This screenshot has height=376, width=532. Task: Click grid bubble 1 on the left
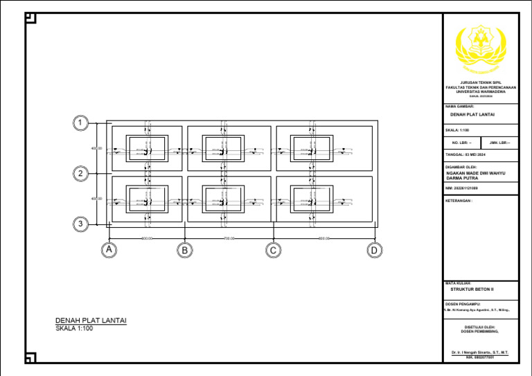tap(81, 124)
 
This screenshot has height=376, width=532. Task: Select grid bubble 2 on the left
tap(81, 174)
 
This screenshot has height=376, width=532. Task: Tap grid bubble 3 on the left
tap(81, 224)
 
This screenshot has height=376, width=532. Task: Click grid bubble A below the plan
tap(108, 250)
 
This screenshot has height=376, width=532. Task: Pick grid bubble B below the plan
tap(185, 250)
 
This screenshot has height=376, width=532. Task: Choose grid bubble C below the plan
tap(274, 250)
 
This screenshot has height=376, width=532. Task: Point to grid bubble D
tap(374, 250)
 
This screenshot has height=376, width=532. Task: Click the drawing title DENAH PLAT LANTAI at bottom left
tap(91, 320)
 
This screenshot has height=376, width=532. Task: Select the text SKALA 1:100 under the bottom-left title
tap(74, 328)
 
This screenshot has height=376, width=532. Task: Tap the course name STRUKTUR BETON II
tap(472, 289)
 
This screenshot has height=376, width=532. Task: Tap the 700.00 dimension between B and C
tap(230, 239)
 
